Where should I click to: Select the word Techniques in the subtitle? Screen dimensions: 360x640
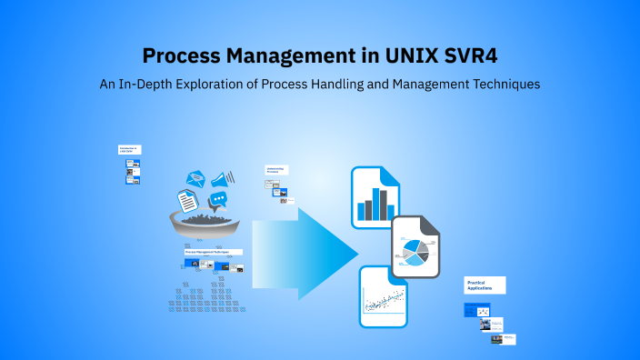[x=500, y=84]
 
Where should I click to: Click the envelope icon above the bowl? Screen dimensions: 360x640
[x=195, y=178]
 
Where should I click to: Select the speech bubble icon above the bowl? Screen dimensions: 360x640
[x=217, y=199]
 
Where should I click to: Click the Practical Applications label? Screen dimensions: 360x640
[x=485, y=285]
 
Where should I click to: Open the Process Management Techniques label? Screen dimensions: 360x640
[x=213, y=252]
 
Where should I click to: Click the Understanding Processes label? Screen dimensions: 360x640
[x=276, y=170]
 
